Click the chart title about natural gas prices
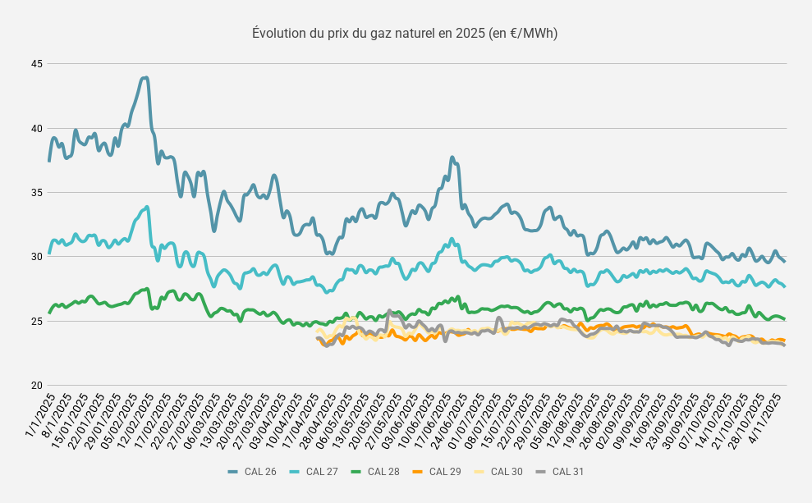point(405,34)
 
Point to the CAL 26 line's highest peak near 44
point(145,78)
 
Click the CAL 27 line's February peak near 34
point(147,207)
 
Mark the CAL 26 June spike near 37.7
point(452,158)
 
